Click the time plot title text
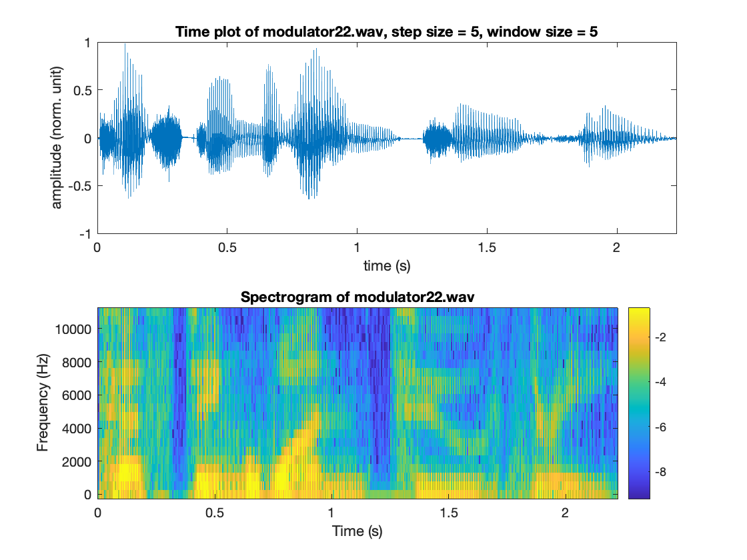point(387,31)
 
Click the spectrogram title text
point(357,297)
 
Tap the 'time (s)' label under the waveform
point(387,266)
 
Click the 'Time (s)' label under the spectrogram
point(357,531)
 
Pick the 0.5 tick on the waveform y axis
point(84,90)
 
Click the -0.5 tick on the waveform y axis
point(82,186)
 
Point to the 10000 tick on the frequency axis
point(73,329)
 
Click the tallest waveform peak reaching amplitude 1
point(125,45)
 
